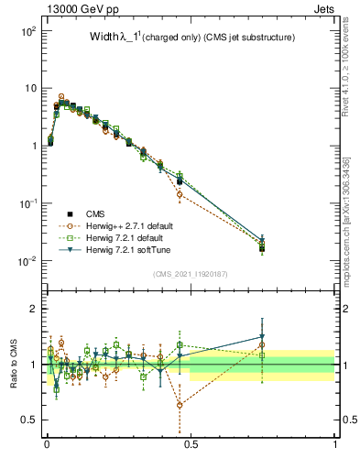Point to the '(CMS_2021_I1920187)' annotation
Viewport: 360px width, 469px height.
point(191,272)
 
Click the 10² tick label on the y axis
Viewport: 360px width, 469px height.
point(27,31)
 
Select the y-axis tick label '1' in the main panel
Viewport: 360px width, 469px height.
point(33,146)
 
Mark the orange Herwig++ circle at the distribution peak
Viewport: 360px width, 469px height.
point(61,96)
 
